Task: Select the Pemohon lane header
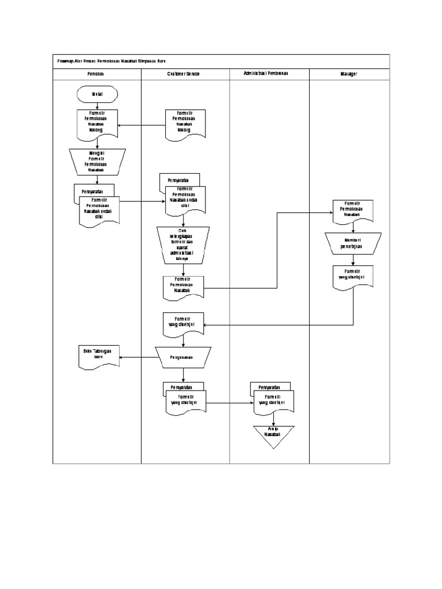96,74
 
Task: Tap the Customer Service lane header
184,74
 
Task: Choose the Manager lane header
349,74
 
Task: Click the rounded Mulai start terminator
97,93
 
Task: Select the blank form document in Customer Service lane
184,124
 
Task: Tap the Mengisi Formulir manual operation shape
97,162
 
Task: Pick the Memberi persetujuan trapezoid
353,243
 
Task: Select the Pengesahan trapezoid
184,357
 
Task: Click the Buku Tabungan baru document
98,356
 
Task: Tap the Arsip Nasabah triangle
273,436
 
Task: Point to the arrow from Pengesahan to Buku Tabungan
138,357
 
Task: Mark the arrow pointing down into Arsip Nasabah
273,420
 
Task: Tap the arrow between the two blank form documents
142,125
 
